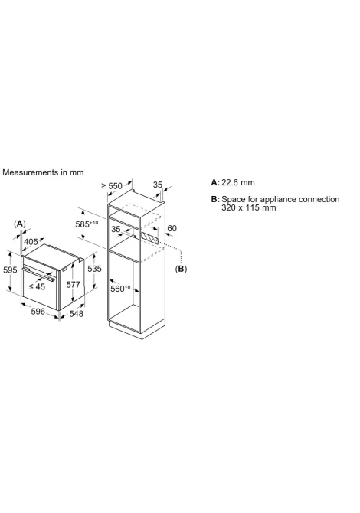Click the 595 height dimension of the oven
[x=10, y=270]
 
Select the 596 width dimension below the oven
[x=38, y=311]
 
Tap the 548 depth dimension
[x=77, y=314]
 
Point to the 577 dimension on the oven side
[x=73, y=285]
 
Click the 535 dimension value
[x=94, y=269]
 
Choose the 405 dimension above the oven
[x=31, y=242]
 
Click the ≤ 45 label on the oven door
[x=37, y=286]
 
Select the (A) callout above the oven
[x=20, y=224]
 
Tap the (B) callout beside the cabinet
[x=181, y=269]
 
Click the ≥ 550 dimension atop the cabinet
[x=112, y=186]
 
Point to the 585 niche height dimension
[x=87, y=224]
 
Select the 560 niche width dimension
[x=120, y=289]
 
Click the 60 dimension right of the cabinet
[x=172, y=228]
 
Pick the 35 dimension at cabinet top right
[x=158, y=185]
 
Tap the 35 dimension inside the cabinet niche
[x=116, y=229]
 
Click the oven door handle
[x=38, y=274]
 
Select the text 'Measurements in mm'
[x=43, y=172]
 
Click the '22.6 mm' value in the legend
[x=238, y=182]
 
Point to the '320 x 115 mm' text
[x=249, y=207]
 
